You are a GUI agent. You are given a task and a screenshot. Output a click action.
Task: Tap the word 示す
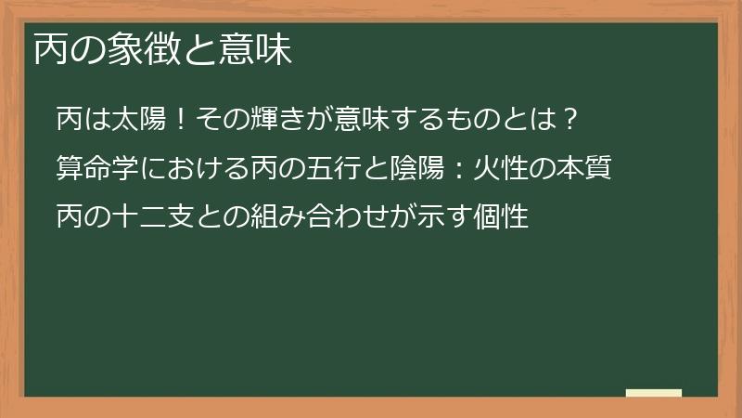(461, 220)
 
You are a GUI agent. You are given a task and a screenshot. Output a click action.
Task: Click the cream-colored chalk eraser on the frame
(653, 394)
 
